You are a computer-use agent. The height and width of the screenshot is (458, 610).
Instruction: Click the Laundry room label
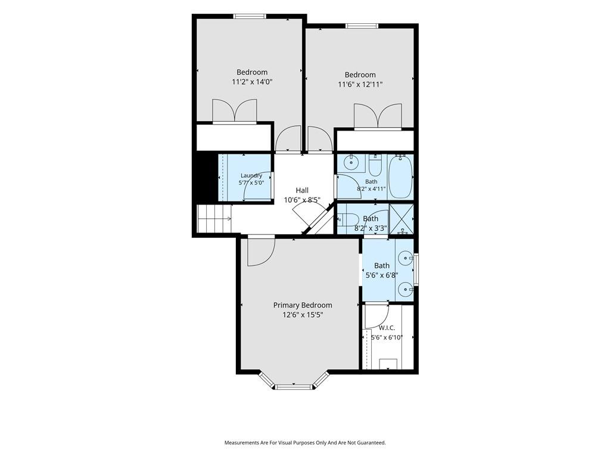251,175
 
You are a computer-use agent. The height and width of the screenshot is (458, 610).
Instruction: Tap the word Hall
302,190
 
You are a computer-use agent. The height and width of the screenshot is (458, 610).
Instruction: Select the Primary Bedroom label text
303,305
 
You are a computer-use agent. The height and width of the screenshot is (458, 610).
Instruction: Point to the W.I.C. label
387,328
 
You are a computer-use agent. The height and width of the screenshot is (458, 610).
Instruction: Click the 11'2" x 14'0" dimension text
252,82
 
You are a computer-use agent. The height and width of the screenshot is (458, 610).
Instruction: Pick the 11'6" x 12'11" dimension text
360,84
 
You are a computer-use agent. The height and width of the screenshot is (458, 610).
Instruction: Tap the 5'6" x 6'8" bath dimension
382,275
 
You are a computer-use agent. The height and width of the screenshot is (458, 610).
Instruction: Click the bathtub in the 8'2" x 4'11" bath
401,177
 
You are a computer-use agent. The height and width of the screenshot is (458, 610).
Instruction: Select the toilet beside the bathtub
376,166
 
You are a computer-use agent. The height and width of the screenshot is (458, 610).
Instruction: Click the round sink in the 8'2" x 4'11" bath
351,162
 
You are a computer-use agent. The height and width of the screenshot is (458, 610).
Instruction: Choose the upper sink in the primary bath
406,258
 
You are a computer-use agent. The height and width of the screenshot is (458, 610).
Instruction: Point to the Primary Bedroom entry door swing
262,252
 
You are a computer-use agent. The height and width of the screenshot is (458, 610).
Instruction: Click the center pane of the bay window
294,387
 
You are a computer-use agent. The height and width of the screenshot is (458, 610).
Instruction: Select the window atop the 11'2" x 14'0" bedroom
250,16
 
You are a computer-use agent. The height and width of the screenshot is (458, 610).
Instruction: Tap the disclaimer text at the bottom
305,443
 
